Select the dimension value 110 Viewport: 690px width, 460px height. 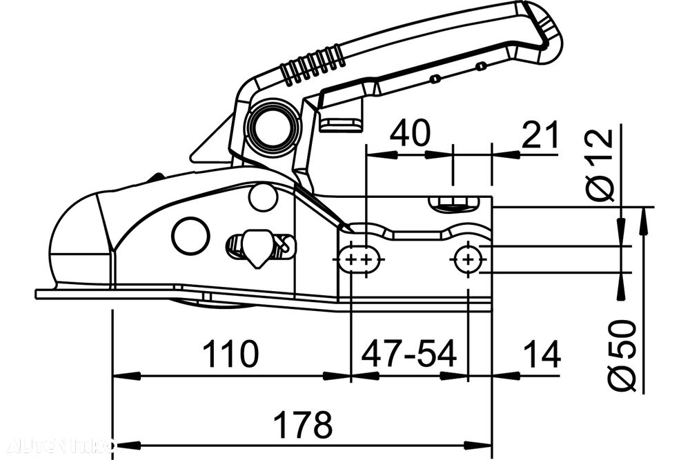click(x=230, y=354)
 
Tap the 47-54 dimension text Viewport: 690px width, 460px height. click(x=409, y=354)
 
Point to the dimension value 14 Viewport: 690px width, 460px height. click(x=541, y=354)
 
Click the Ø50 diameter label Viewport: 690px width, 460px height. click(x=622, y=355)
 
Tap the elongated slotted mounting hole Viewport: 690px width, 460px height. click(x=359, y=259)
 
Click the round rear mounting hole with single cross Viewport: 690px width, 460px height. click(x=469, y=259)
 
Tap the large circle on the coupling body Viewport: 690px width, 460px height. click(x=190, y=235)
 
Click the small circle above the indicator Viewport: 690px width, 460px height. click(x=263, y=197)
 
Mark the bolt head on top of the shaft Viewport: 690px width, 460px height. click(x=453, y=203)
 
